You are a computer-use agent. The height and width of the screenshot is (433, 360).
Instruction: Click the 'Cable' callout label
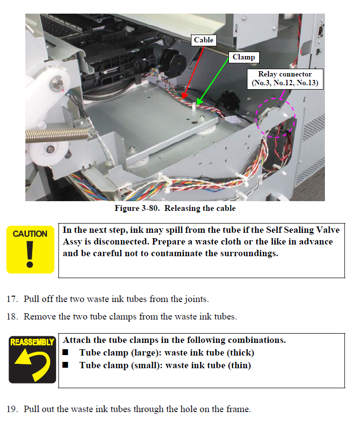pyautogui.click(x=204, y=40)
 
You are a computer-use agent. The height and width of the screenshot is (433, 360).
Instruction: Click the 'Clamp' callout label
pyautogui.click(x=243, y=57)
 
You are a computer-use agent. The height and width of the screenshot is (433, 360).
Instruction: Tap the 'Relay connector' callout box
pyautogui.click(x=285, y=79)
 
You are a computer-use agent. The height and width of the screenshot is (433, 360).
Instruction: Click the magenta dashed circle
pyautogui.click(x=275, y=117)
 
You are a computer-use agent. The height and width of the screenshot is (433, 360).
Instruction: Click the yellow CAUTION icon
pyautogui.click(x=30, y=249)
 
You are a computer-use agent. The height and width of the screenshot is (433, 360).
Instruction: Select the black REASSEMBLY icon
pyautogui.click(x=32, y=359)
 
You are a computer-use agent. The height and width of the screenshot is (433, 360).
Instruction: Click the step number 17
pyautogui.click(x=13, y=299)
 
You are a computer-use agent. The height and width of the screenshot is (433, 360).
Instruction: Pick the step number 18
pyautogui.click(x=13, y=317)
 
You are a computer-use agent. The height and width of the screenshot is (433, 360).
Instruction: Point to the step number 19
pyautogui.click(x=13, y=409)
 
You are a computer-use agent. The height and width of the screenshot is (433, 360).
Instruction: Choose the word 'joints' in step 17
pyautogui.click(x=196, y=299)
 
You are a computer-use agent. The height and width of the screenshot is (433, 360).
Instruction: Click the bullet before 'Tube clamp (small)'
pyautogui.click(x=66, y=365)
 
